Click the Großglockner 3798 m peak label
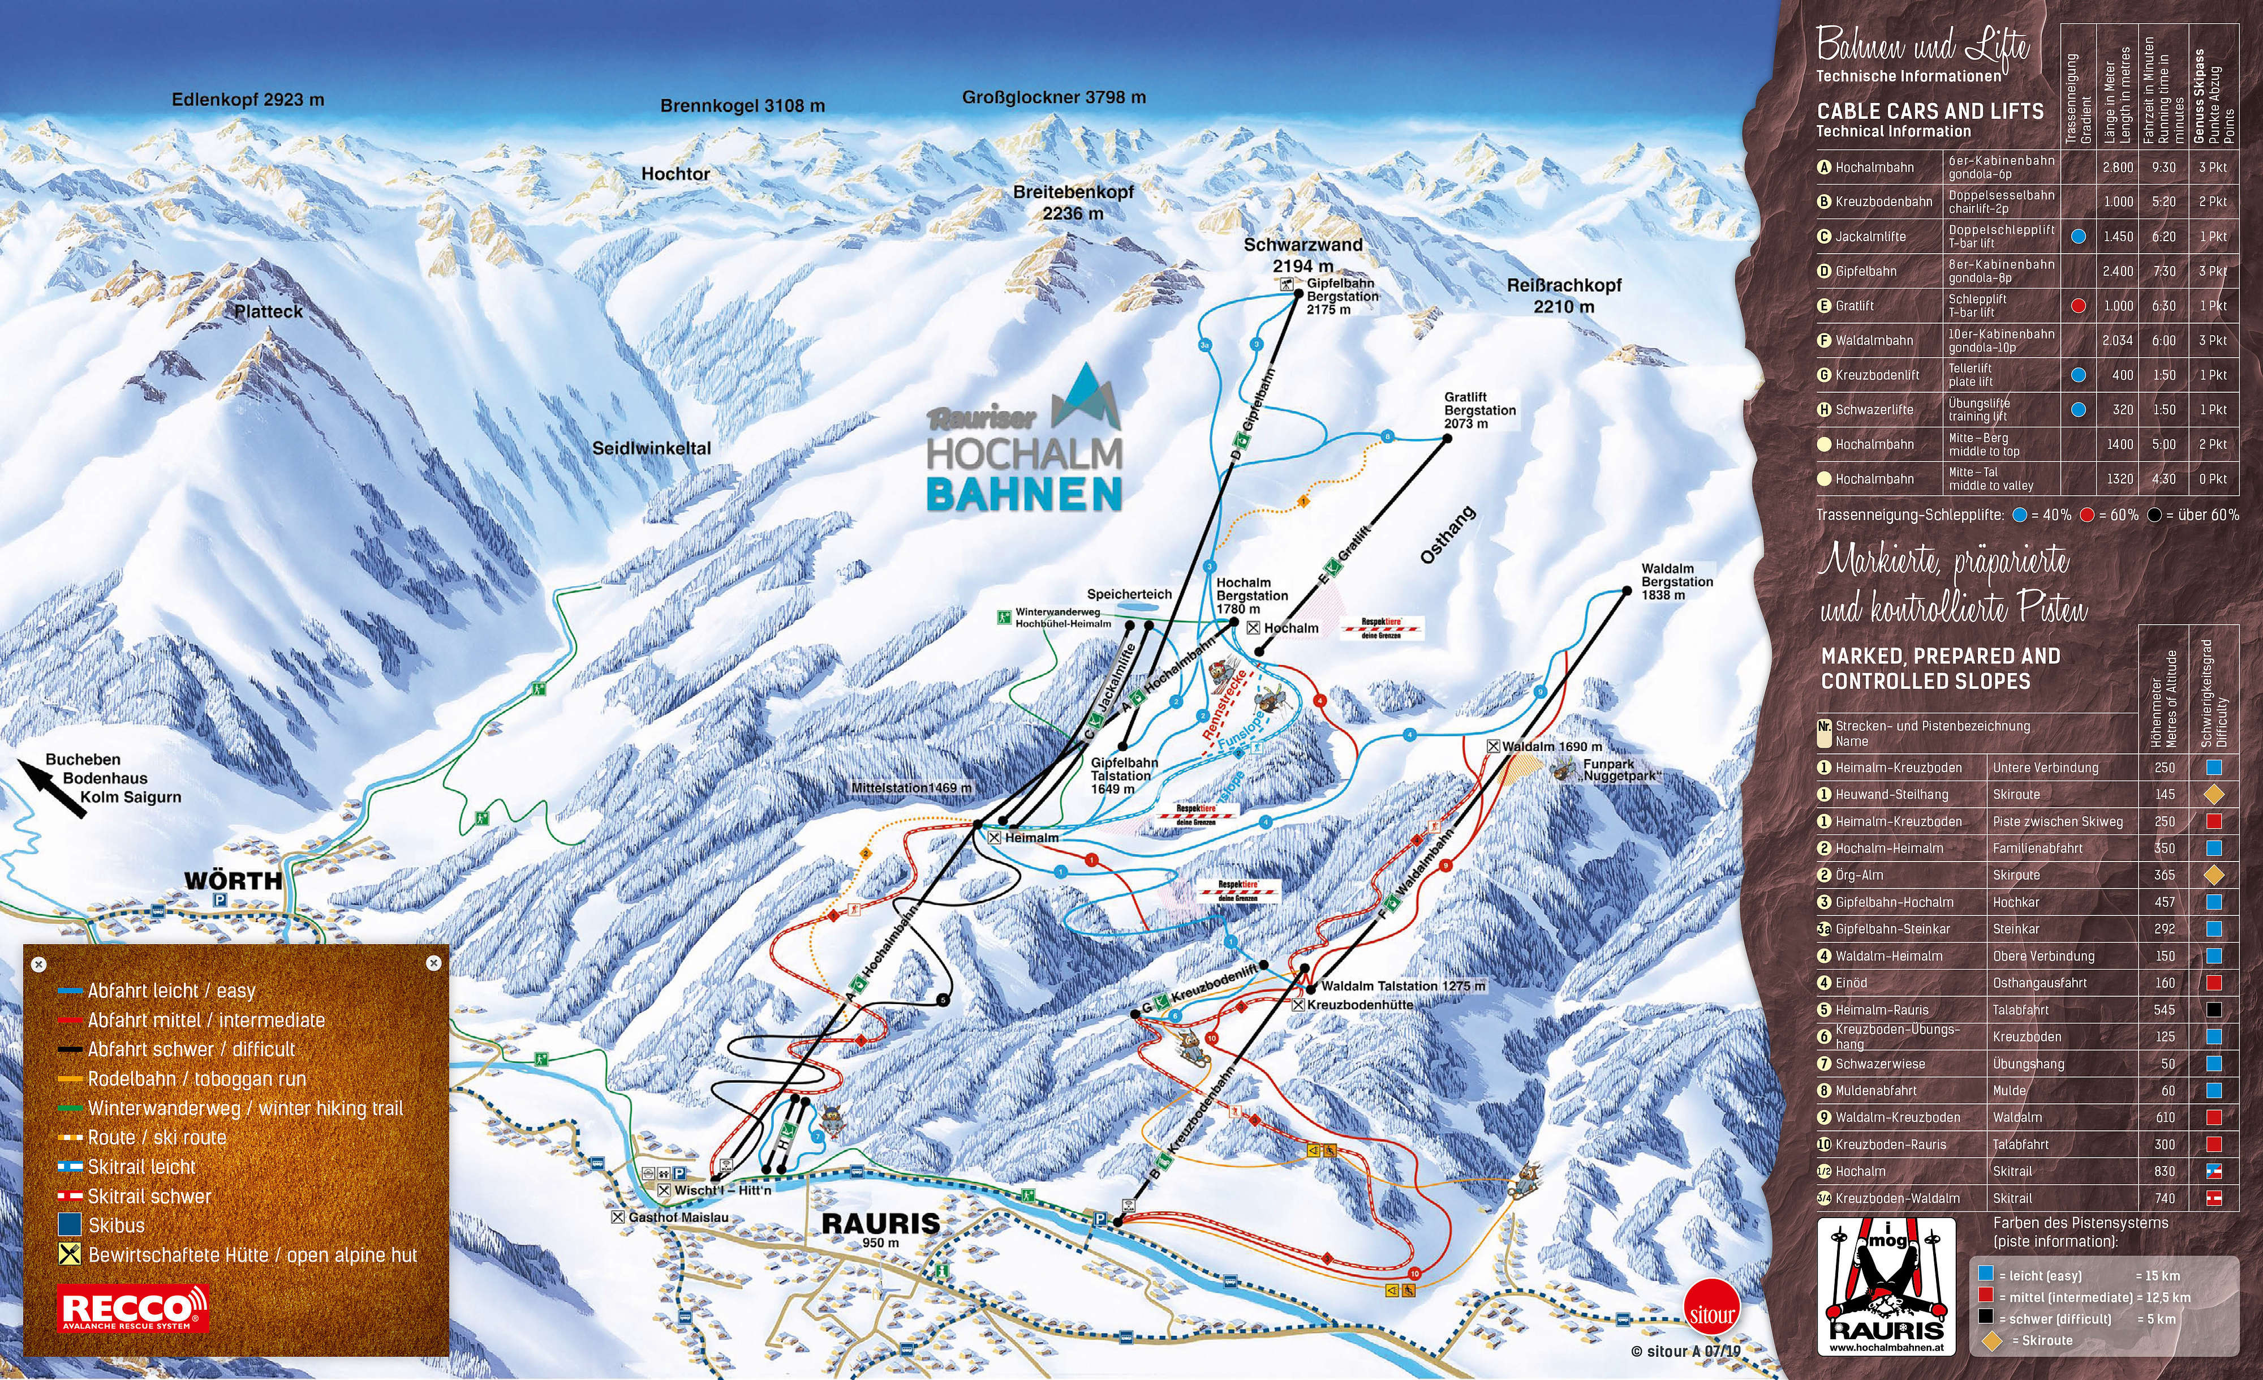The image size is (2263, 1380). [x=1053, y=97]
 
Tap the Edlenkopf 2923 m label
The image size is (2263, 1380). [x=248, y=100]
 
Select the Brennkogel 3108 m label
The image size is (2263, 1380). [x=742, y=106]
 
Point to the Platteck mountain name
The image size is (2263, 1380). [x=268, y=311]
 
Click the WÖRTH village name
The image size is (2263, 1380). [x=233, y=880]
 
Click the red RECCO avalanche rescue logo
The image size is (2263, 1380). [x=133, y=1308]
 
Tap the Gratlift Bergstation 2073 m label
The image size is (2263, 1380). [x=1479, y=410]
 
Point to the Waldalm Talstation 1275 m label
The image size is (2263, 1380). [x=1402, y=986]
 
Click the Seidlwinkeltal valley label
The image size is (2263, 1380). [x=651, y=448]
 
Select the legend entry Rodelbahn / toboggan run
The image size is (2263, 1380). [x=196, y=1079]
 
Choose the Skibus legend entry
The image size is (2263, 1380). [x=116, y=1225]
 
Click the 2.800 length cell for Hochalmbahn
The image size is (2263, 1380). [x=2118, y=167]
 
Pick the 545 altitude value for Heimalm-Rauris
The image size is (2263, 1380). [x=2165, y=1010]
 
